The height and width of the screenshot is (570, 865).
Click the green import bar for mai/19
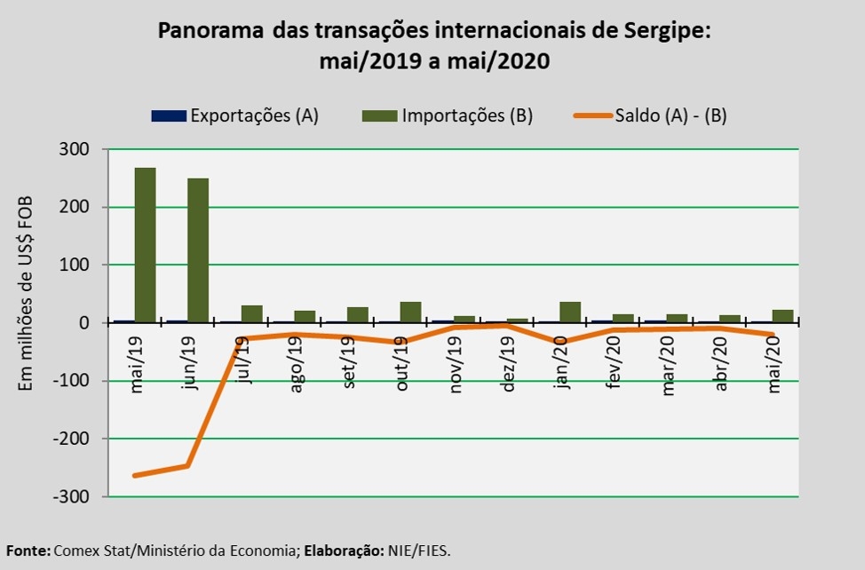pos(145,245)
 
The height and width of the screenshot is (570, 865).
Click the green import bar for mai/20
pos(782,316)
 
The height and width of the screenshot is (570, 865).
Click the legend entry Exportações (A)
pos(235,115)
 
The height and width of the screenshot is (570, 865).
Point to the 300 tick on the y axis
pos(75,149)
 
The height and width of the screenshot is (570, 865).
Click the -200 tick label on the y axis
pos(71,439)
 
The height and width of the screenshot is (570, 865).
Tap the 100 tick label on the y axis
pos(75,265)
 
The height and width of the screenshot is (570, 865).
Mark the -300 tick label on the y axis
pos(71,496)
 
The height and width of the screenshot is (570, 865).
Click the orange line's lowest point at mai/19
pos(136,476)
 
